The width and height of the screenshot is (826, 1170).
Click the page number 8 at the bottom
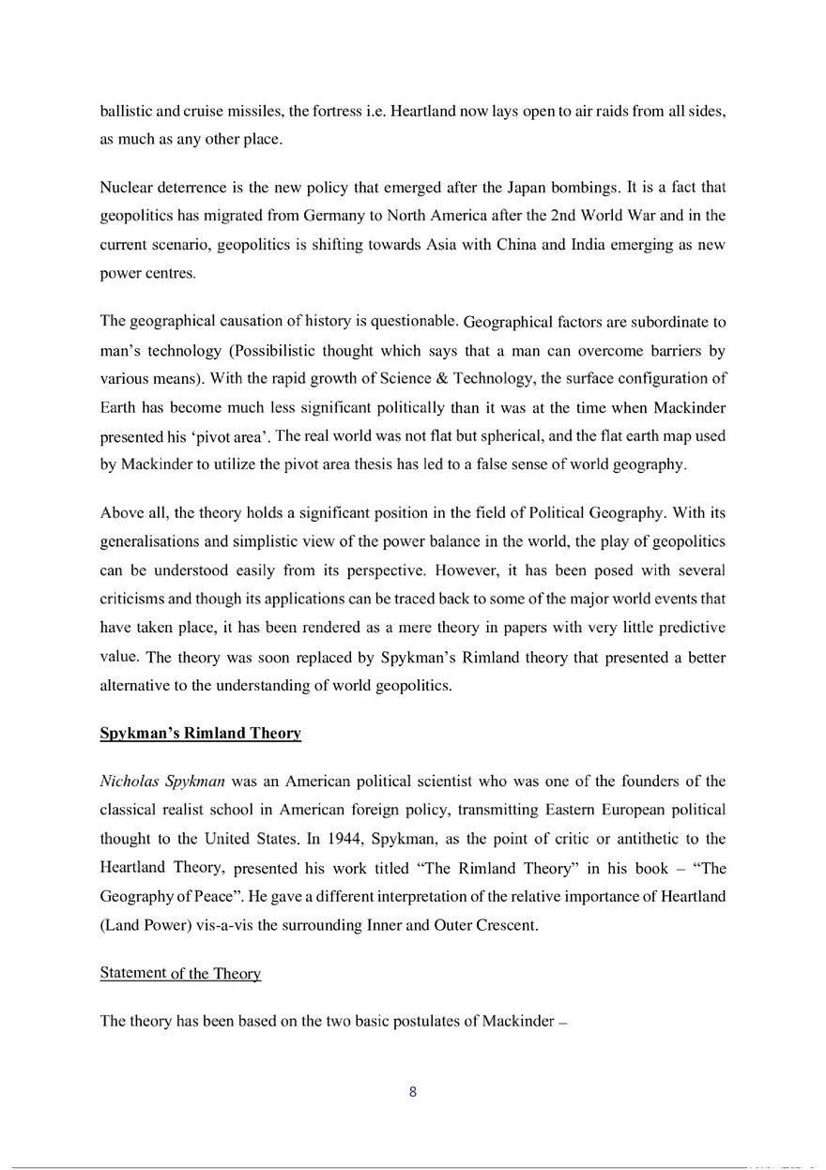coord(413,1091)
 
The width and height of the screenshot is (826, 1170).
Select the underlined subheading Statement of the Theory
coord(180,973)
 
